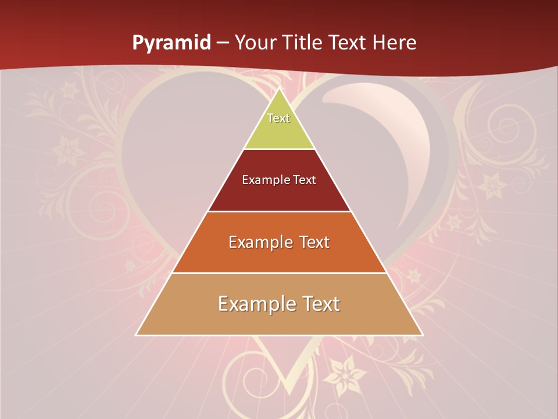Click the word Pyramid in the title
[x=171, y=43]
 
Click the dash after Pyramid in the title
[x=223, y=43]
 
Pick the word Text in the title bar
[x=348, y=42]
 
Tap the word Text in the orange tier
[x=314, y=242]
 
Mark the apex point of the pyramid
[x=279, y=88]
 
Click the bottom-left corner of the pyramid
[x=137, y=335]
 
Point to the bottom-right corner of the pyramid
[x=422, y=335]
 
